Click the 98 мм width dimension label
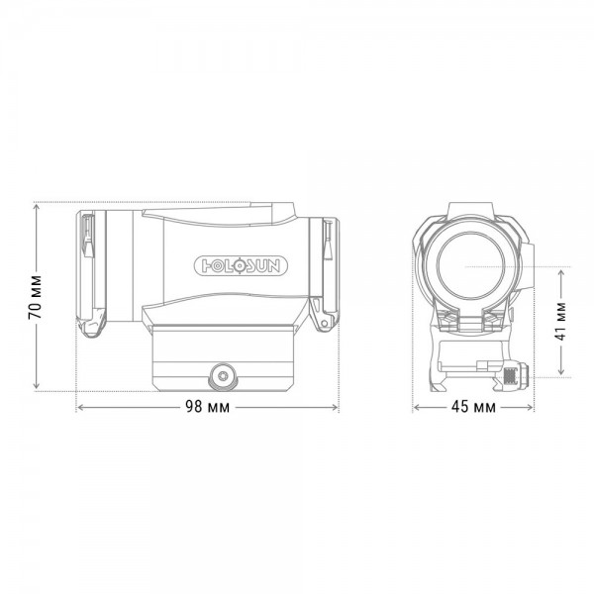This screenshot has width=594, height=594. [209, 408]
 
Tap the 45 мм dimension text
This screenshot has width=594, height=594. [474, 408]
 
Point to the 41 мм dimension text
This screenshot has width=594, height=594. [561, 320]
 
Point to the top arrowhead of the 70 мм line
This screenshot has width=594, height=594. [36, 205]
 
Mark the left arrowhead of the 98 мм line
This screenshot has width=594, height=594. [79, 408]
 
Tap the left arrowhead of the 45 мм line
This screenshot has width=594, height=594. [416, 408]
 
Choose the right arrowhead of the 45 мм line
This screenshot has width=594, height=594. [533, 408]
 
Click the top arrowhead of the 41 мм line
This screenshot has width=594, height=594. [561, 268]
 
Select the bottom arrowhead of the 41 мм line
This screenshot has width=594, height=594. [561, 373]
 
